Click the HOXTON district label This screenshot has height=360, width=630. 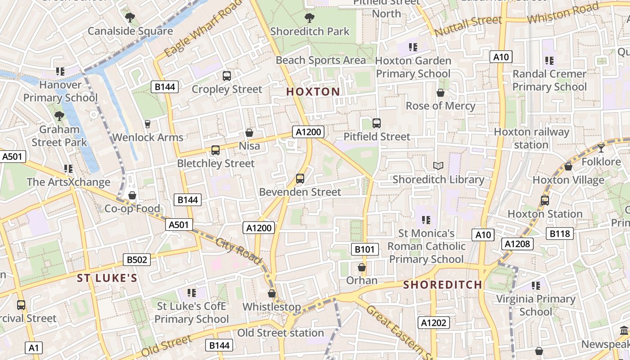click(313, 92)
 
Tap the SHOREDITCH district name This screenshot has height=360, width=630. click(442, 285)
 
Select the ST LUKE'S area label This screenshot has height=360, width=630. click(107, 278)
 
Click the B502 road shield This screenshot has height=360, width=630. click(137, 260)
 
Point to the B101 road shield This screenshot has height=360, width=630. click(364, 249)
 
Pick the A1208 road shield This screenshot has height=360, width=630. click(517, 244)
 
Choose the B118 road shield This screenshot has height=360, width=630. click(560, 234)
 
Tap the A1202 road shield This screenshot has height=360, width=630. click(434, 323)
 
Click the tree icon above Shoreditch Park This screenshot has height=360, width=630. click(309, 18)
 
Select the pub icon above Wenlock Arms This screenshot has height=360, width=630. click(147, 124)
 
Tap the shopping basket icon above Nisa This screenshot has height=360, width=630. click(249, 133)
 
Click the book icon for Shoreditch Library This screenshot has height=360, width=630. click(438, 166)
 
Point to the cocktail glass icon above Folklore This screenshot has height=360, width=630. click(601, 148)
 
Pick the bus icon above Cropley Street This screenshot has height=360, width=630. click(226, 76)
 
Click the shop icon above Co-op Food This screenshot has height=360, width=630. click(132, 195)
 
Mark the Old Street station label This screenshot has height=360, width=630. click(280, 333)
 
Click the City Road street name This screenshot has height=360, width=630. click(238, 251)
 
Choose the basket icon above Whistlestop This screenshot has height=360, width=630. click(271, 294)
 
